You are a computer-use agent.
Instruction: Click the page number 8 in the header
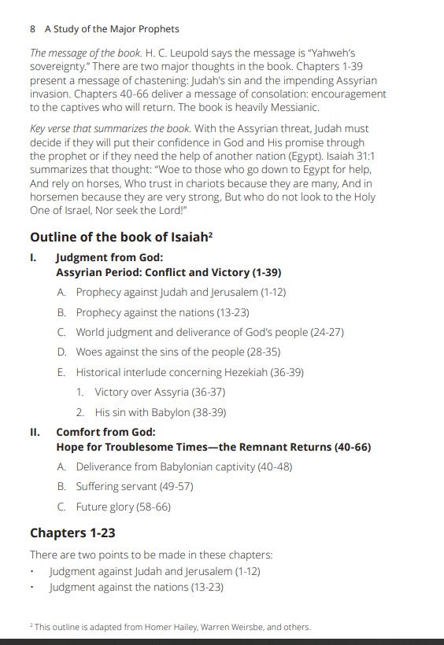pyautogui.click(x=33, y=29)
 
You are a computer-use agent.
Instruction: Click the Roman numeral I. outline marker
pyautogui.click(x=34, y=257)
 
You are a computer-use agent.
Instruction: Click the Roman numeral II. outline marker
pyautogui.click(x=35, y=432)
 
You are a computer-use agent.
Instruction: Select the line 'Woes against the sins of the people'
pyautogui.click(x=178, y=352)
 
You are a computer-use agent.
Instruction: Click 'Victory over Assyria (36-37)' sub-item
pyautogui.click(x=160, y=392)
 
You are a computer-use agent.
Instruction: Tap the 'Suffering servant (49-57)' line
pyautogui.click(x=134, y=487)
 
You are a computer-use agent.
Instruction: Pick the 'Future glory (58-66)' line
pyautogui.click(x=123, y=507)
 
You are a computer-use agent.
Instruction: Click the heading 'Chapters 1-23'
pyautogui.click(x=72, y=533)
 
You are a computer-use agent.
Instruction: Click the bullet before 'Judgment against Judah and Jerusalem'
pyautogui.click(x=32, y=573)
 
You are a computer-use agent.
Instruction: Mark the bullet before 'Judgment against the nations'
pyautogui.click(x=32, y=588)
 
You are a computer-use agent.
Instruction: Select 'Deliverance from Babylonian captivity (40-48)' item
pyautogui.click(x=183, y=466)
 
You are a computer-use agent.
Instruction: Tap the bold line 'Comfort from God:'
pyautogui.click(x=105, y=432)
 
